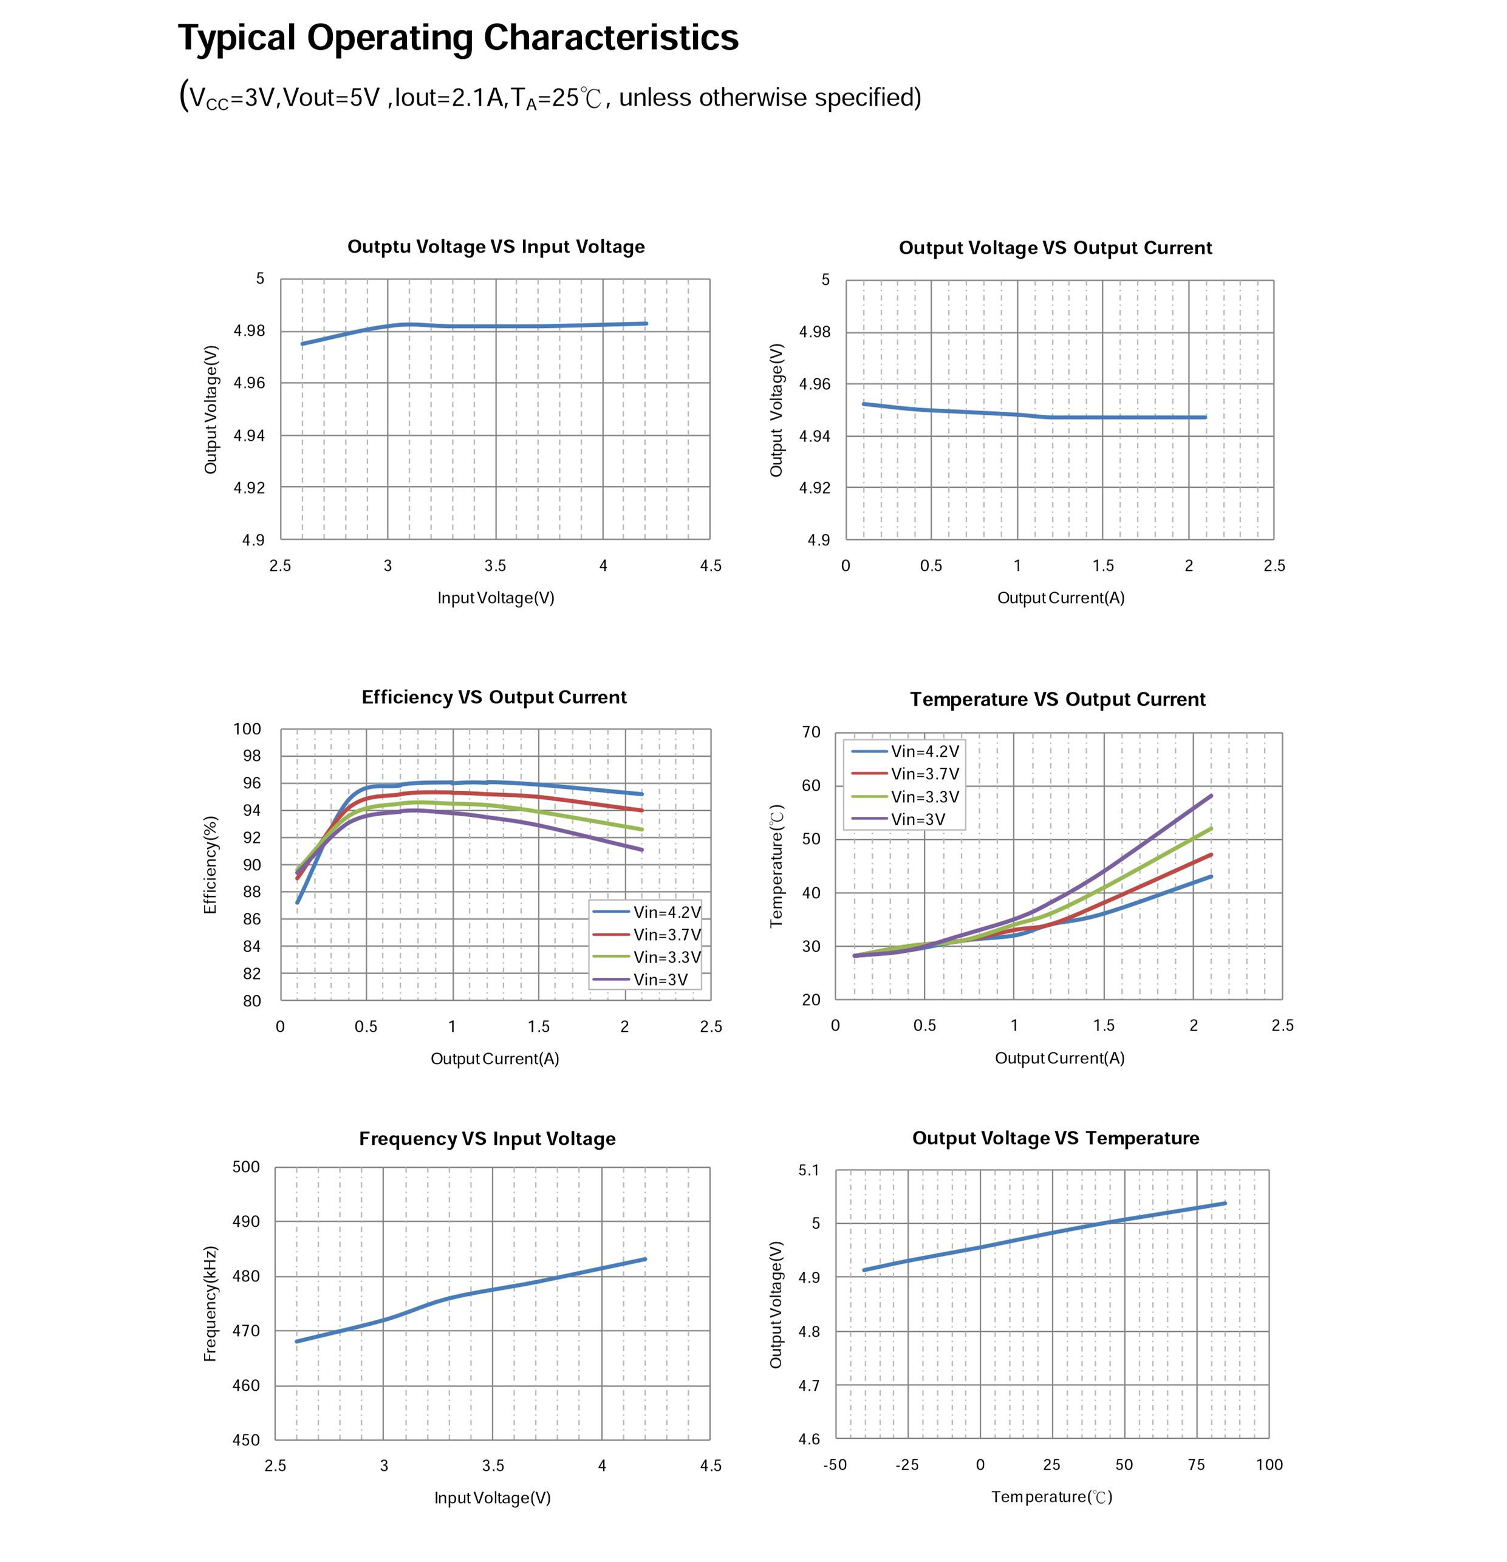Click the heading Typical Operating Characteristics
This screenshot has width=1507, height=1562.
(457, 38)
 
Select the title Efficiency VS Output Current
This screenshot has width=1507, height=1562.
(493, 697)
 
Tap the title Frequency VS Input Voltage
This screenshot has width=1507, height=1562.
(487, 1138)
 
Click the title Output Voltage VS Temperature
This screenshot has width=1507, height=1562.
(1055, 1138)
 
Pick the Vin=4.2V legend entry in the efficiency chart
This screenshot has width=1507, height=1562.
(666, 912)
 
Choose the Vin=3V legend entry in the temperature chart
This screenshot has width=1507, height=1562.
(917, 819)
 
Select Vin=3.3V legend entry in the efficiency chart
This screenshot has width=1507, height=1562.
(666, 957)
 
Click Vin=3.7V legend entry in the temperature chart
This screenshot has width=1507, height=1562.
(924, 774)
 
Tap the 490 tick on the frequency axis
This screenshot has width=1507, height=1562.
(246, 1222)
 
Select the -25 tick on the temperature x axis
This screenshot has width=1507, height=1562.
(907, 1465)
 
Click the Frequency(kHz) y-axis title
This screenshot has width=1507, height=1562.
(210, 1304)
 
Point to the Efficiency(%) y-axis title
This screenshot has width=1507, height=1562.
(210, 865)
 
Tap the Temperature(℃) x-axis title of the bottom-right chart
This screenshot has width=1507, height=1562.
(1051, 1496)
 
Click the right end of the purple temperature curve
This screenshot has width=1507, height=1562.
(1211, 796)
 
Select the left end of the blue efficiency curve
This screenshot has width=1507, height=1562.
(297, 902)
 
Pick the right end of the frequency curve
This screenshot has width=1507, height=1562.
(644, 1259)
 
